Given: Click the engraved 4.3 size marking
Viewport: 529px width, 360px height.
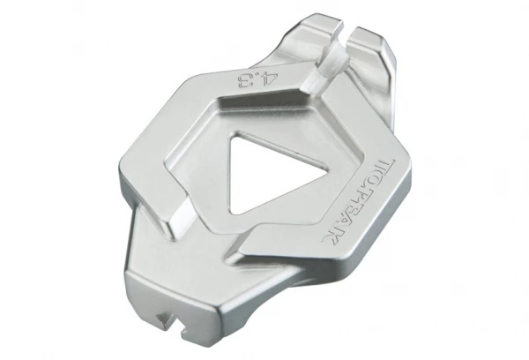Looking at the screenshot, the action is [x=257, y=81].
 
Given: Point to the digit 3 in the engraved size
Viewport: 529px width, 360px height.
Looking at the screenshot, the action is [x=245, y=82].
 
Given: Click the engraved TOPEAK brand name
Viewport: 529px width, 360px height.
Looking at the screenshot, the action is [x=359, y=200].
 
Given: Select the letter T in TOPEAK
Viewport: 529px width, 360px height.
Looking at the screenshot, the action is [x=387, y=165].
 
